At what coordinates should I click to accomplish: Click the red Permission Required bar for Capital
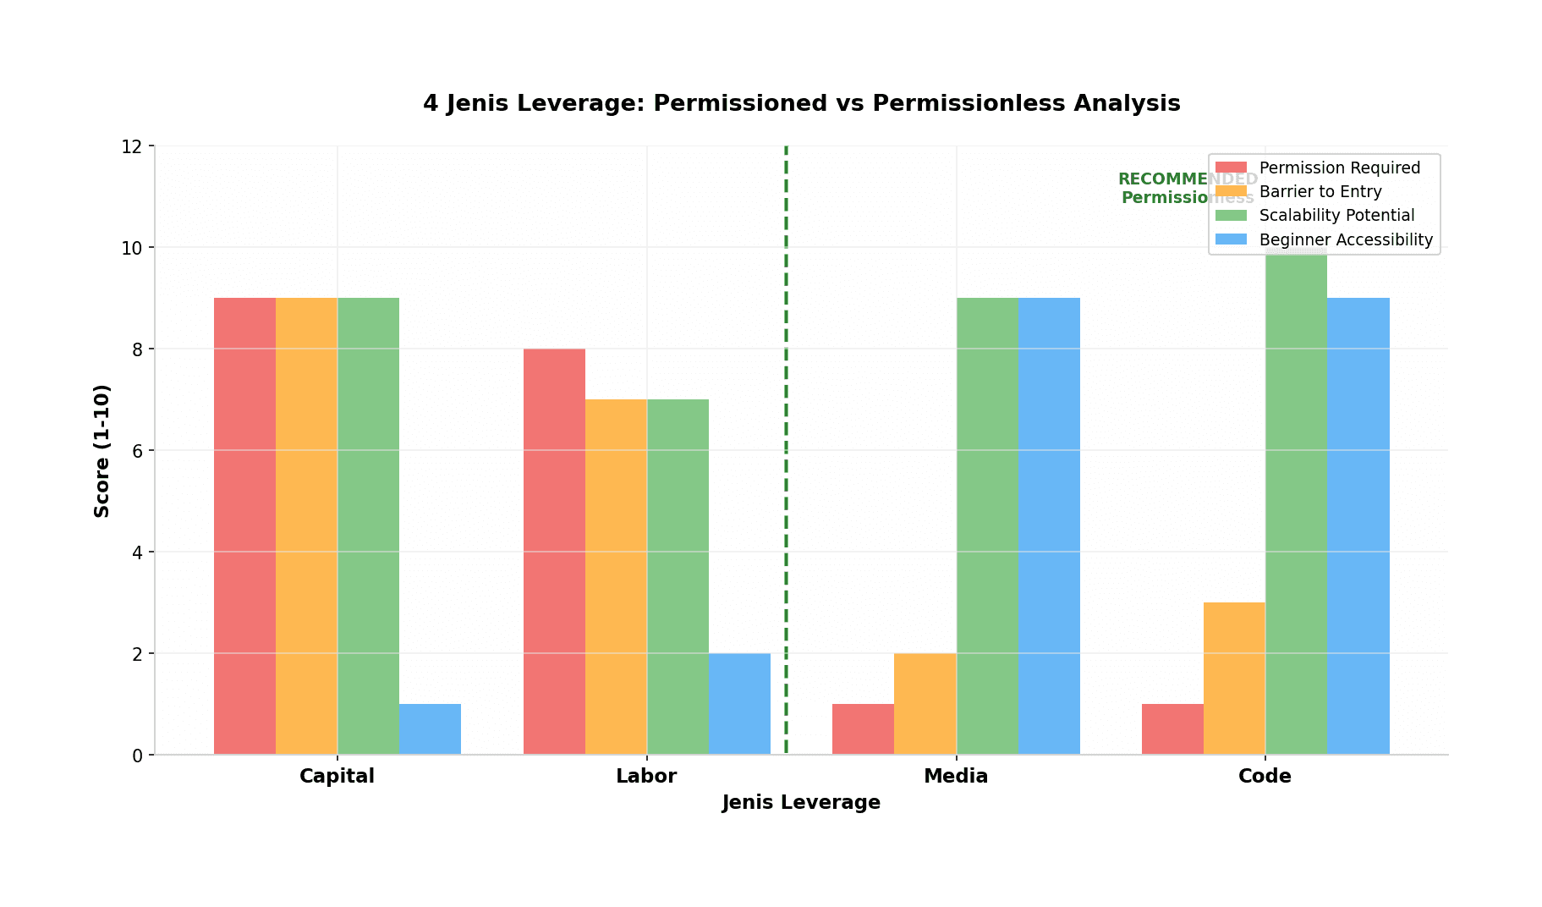pyautogui.click(x=244, y=525)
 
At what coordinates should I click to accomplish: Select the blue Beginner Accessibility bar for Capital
pyautogui.click(x=430, y=728)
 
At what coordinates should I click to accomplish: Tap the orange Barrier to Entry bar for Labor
pyautogui.click(x=616, y=576)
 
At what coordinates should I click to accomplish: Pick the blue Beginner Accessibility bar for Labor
pyautogui.click(x=739, y=703)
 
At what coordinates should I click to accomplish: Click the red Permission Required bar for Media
pyautogui.click(x=863, y=728)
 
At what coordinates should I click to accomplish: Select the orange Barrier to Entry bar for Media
pyautogui.click(x=925, y=703)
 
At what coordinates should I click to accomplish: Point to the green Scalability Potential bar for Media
pyautogui.click(x=987, y=525)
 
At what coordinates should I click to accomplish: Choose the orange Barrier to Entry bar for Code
pyautogui.click(x=1234, y=678)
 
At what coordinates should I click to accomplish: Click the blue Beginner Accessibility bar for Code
pyautogui.click(x=1358, y=525)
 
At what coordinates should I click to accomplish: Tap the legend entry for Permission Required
pyautogui.click(x=1339, y=168)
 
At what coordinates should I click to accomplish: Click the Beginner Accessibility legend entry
pyautogui.click(x=1345, y=239)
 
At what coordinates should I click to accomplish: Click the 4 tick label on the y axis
pyautogui.click(x=137, y=552)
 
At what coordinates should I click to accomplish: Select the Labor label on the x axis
pyautogui.click(x=646, y=776)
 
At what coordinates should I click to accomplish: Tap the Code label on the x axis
pyautogui.click(x=1265, y=776)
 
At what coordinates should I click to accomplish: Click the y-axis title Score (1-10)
pyautogui.click(x=102, y=450)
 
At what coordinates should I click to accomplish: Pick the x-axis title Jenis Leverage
pyautogui.click(x=801, y=802)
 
